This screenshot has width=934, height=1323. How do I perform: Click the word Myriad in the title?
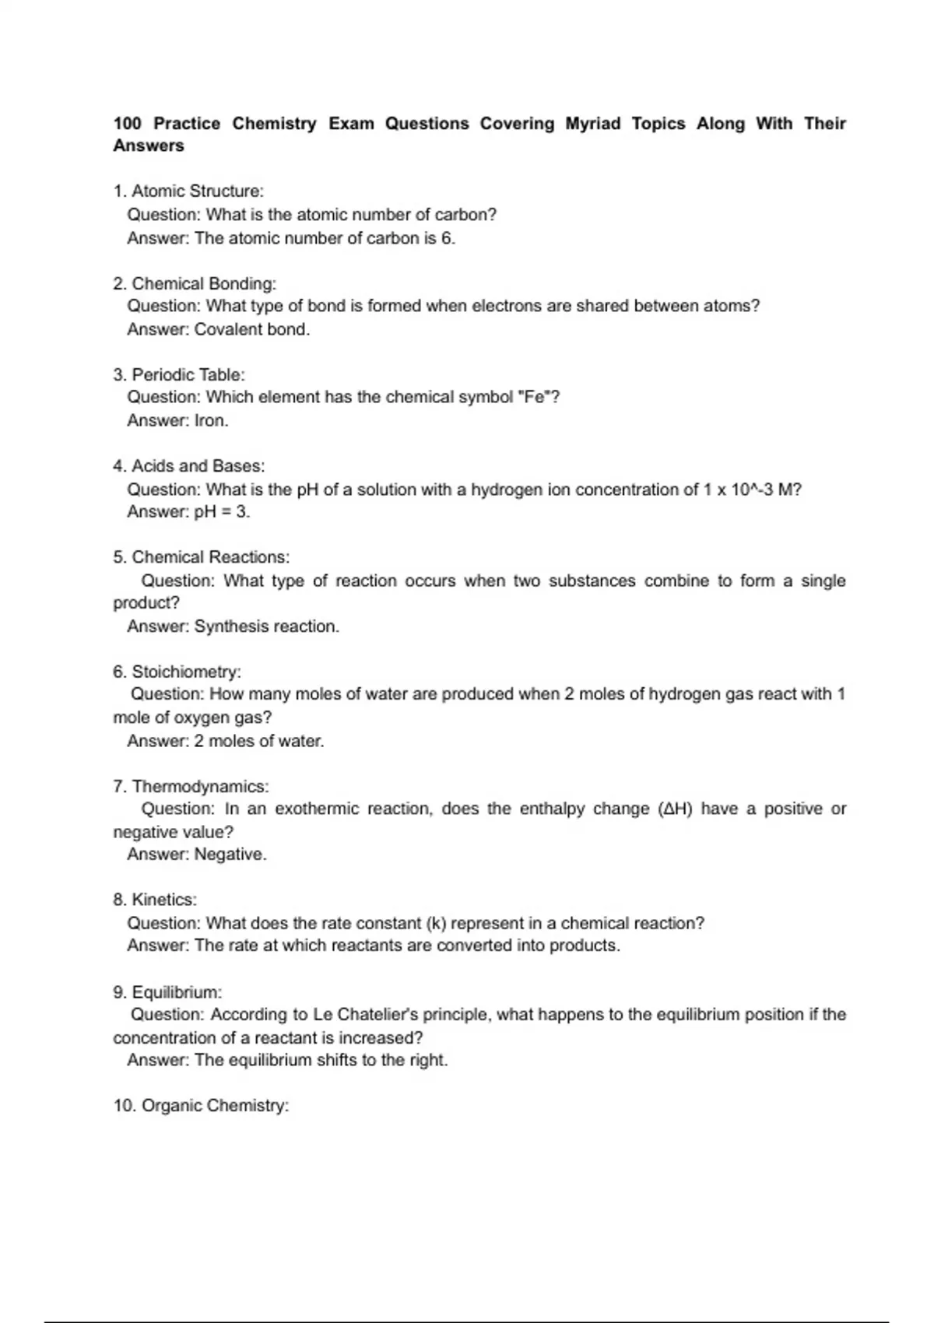pos(592,124)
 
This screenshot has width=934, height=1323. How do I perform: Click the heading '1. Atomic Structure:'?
pos(188,191)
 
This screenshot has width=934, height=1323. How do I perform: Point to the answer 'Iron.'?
pos(211,421)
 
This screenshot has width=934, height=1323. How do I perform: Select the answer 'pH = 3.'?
pos(222,512)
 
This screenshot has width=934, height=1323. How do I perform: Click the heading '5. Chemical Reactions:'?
pos(201,557)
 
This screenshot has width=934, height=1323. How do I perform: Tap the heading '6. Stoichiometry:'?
pos(177,672)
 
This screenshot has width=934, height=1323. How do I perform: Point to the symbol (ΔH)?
pos(675,809)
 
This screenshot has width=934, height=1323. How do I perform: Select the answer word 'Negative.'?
pos(230,855)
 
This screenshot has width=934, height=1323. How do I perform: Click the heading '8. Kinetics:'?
pos(155,900)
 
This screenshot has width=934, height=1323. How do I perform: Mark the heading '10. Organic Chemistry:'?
pos(201,1106)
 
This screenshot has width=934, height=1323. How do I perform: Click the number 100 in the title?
pos(128,124)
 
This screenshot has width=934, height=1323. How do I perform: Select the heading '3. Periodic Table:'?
pos(178,374)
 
